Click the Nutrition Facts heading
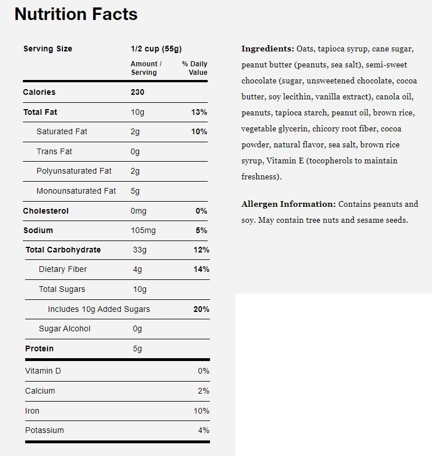(76, 14)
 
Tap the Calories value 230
(137, 92)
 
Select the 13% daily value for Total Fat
(199, 112)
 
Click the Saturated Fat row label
(62, 131)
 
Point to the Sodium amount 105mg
(143, 230)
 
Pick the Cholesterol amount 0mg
(138, 211)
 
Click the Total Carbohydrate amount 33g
(140, 250)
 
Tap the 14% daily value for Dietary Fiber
(201, 269)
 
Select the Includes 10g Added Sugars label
(99, 309)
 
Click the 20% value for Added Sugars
(201, 309)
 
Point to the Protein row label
(39, 348)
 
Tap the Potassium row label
(45, 430)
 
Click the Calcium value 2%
(204, 391)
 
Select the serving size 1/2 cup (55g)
(156, 49)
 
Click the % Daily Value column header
(195, 68)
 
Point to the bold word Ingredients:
(268, 49)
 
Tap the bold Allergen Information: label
(288, 204)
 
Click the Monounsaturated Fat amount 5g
(135, 191)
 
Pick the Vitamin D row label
(43, 371)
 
